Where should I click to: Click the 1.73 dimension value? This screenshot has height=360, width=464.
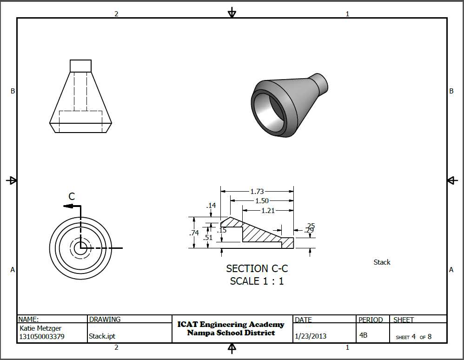257,192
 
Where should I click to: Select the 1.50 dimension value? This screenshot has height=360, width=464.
262,201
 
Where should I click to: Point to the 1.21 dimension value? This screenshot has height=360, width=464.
268,211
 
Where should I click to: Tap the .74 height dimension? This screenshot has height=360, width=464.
194,233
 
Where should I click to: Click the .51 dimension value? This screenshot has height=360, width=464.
208,237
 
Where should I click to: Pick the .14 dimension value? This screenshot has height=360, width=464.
211,206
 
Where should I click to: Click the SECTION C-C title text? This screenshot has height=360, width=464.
257,268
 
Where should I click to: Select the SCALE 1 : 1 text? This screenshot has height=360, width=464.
257,281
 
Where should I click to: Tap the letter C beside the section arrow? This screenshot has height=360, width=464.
72,196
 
